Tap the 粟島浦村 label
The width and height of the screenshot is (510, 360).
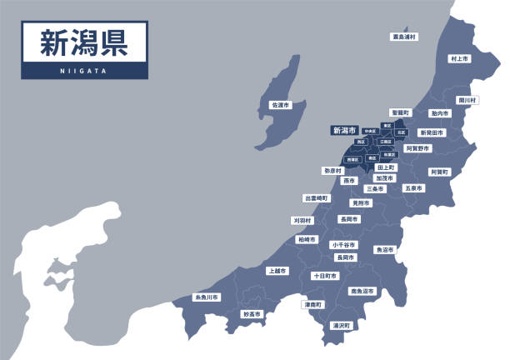tap(404, 37)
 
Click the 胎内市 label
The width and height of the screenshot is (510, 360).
tap(441, 112)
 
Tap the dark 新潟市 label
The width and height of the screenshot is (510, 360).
tap(344, 130)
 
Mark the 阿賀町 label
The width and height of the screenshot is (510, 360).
tap(439, 172)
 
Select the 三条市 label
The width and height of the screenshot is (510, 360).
tap(375, 189)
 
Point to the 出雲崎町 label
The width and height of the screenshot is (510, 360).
tap(316, 198)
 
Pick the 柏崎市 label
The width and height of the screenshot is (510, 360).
tap(307, 239)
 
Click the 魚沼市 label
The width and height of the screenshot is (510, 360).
tap(384, 249)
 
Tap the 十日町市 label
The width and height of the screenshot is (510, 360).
tap(324, 276)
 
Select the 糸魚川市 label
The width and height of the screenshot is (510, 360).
tap(207, 297)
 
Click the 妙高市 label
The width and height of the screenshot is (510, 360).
tap(252, 314)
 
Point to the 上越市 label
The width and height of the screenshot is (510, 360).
tap(277, 271)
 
